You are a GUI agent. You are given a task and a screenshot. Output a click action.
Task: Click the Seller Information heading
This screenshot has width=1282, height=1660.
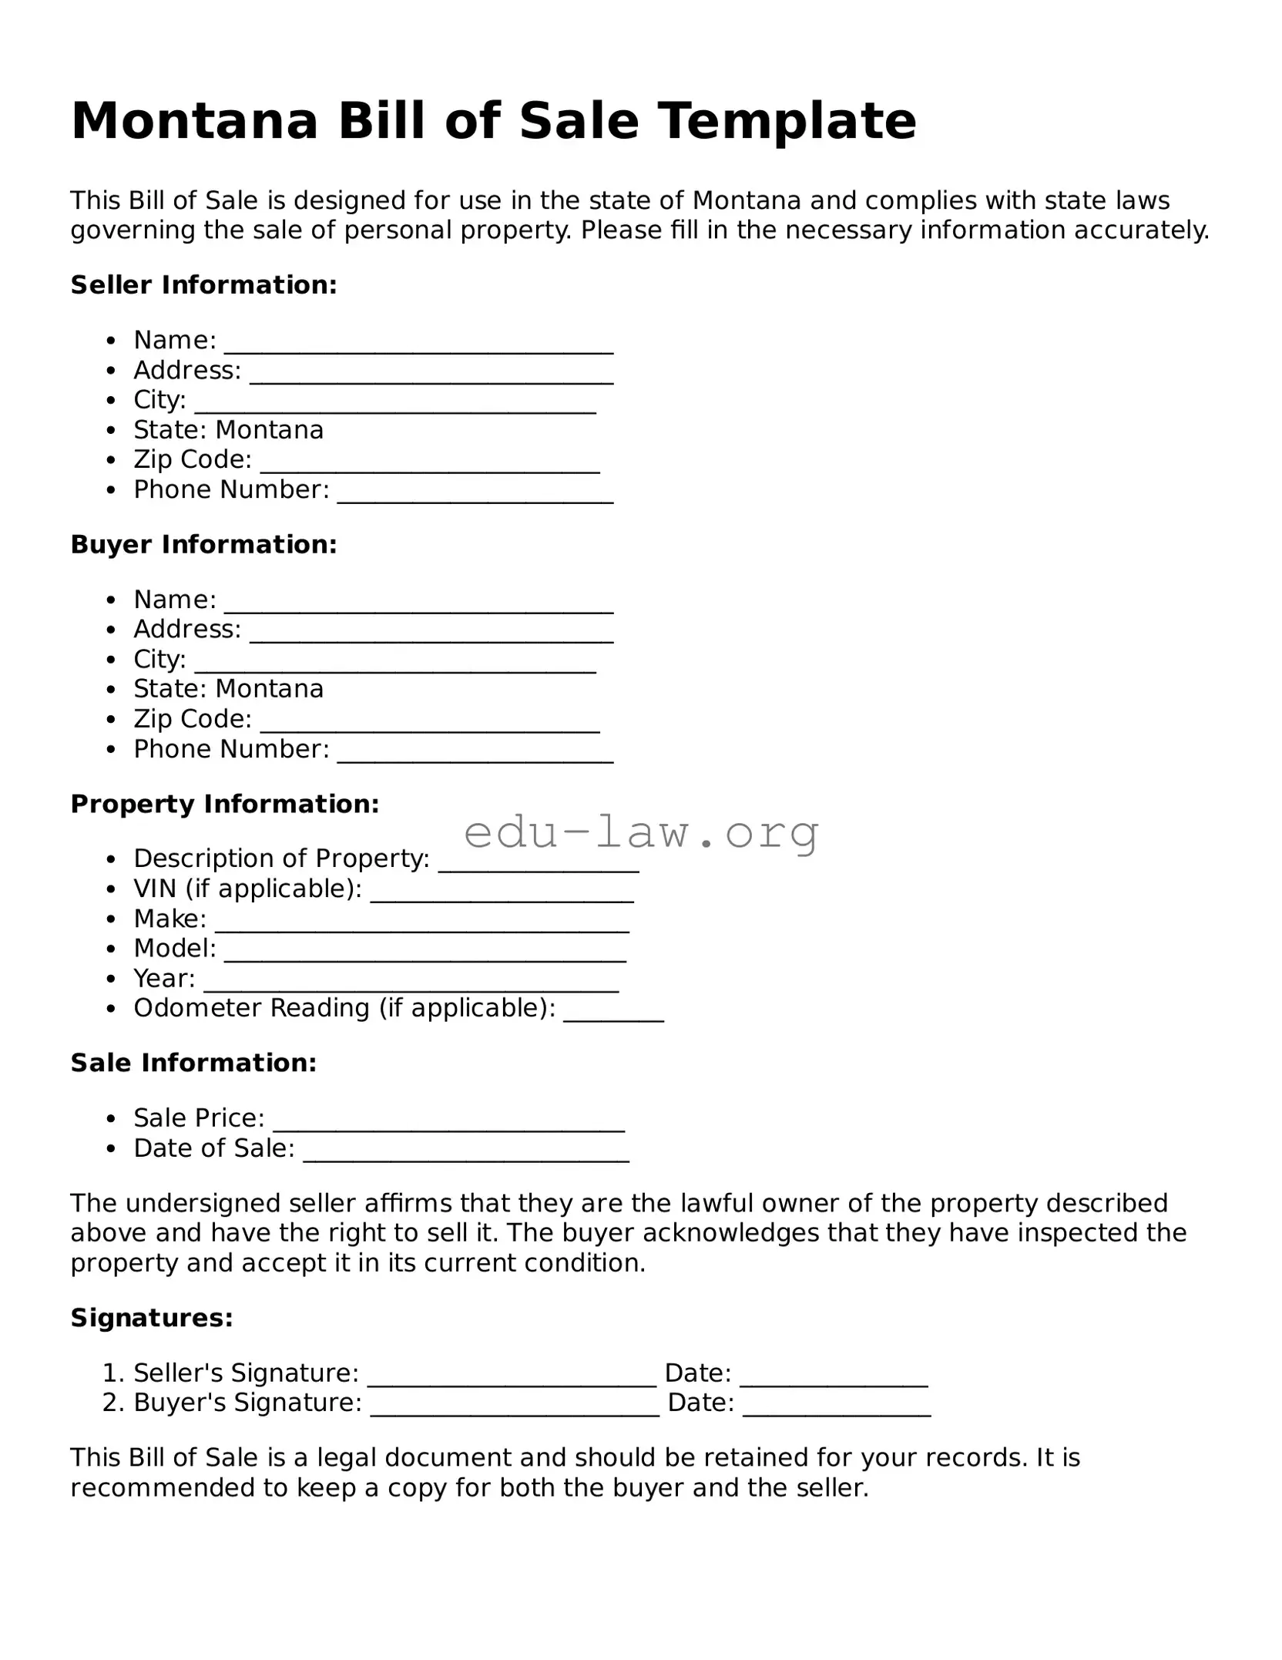[203, 285]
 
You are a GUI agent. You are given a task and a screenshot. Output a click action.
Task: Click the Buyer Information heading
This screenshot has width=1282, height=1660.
[203, 545]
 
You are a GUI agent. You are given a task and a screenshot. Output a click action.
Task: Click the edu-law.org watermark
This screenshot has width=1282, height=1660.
[641, 832]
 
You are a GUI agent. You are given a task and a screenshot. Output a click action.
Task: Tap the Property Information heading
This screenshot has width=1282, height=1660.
[225, 805]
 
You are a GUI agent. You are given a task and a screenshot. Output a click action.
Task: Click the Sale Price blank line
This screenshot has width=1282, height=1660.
[448, 1122]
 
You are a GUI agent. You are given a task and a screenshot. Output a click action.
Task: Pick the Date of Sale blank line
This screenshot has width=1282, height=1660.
[466, 1152]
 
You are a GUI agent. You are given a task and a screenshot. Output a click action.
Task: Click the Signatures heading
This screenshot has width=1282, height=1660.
[152, 1319]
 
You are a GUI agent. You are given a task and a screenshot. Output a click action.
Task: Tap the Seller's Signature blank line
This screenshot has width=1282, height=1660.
[512, 1377]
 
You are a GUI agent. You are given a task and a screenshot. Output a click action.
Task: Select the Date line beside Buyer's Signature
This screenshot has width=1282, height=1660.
[837, 1407]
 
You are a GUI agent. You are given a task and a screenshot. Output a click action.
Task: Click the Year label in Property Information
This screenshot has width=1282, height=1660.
[163, 979]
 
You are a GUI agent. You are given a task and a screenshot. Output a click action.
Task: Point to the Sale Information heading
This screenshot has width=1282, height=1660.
[193, 1064]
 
